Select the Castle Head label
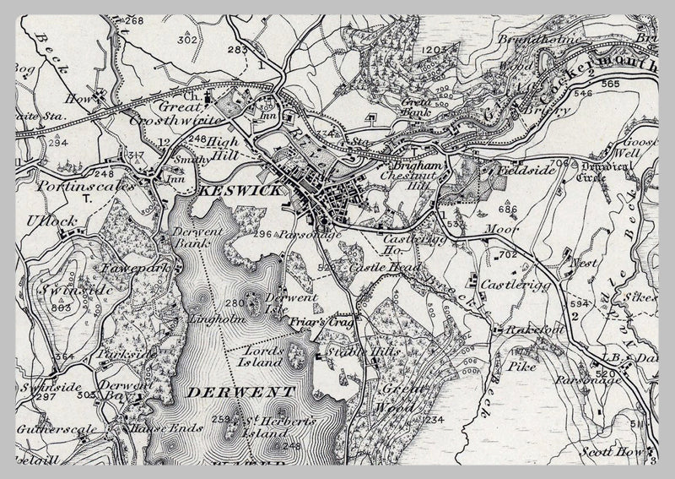pyautogui.click(x=374, y=267)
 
